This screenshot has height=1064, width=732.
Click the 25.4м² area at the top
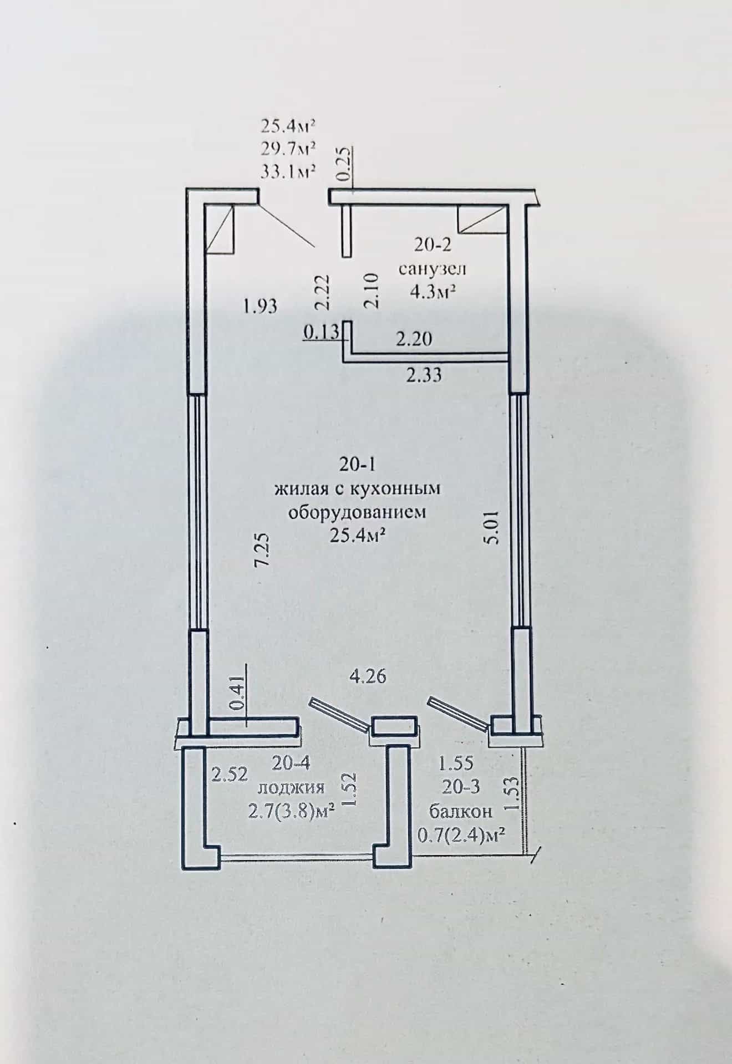[x=288, y=126]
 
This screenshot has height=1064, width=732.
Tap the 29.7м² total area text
[x=288, y=149]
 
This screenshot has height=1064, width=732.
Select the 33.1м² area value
[x=288, y=171]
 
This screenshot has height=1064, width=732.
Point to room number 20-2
[x=432, y=243]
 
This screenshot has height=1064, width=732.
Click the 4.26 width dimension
[x=367, y=676]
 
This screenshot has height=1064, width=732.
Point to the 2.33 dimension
[x=424, y=375]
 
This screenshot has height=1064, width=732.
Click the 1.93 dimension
[x=260, y=306]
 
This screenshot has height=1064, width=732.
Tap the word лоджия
[x=291, y=788]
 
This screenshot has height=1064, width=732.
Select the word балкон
[x=461, y=812]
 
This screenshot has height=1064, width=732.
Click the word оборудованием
[x=357, y=512]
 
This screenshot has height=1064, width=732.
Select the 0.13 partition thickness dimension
[x=321, y=332]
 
